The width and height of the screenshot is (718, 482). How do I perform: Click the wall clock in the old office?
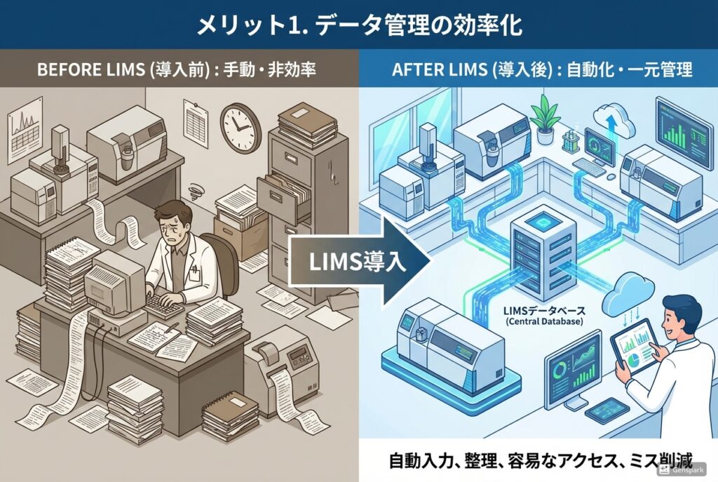coord(239,128)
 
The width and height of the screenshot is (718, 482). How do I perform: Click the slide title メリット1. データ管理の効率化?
coord(358,25)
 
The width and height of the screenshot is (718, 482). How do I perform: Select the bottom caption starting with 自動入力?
coord(540,462)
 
